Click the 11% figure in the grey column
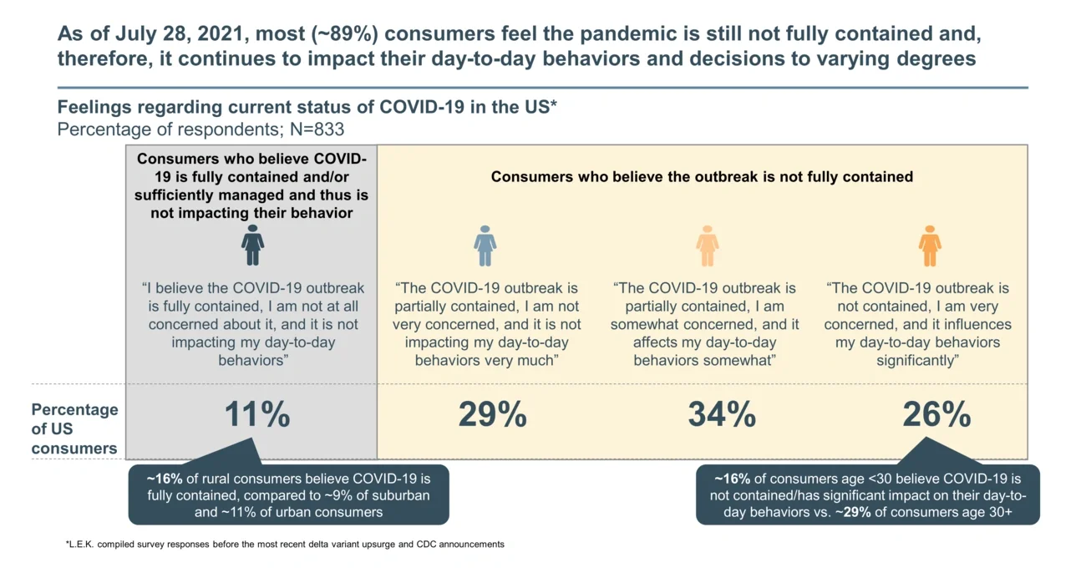[257, 415]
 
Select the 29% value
[492, 415]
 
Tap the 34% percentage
[722, 415]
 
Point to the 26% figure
[936, 415]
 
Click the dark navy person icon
[252, 246]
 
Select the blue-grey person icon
[485, 246]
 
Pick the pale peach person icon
[707, 246]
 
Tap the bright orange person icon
[930, 246]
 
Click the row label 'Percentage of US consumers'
[74, 429]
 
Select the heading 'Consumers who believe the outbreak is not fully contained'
[702, 176]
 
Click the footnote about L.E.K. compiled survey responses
[284, 545]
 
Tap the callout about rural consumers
[288, 495]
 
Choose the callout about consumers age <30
[867, 495]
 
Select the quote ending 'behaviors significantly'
[917, 324]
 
